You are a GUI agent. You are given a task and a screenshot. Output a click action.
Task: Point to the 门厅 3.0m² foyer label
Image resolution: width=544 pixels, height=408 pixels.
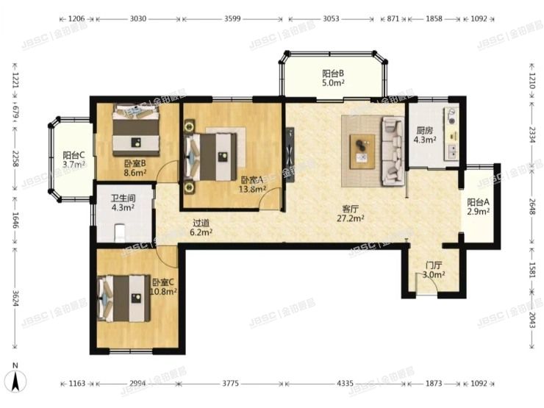coord(434,270)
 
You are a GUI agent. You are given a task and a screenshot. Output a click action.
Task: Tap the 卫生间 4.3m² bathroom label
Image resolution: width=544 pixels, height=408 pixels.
coord(122,203)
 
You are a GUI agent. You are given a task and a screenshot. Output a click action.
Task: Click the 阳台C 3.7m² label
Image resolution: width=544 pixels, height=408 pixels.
coord(74,160)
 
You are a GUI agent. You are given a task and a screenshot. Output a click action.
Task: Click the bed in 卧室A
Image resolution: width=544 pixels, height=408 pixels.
coord(212,155)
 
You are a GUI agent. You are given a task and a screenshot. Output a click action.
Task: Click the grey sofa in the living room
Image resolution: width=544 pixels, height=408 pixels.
coord(391,151)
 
